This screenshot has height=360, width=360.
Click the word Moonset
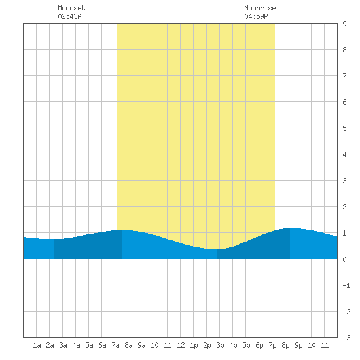tap(71, 8)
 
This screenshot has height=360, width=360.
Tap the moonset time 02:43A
tap(69, 16)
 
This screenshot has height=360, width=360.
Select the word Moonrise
tap(260, 8)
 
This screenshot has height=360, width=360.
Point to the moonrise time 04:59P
tap(256, 16)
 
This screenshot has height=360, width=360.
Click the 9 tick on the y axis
tap(344, 24)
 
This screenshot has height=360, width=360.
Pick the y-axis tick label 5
tap(344, 128)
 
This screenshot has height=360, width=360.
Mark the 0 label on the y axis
tap(344, 259)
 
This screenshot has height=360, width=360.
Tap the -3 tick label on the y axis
tap(346, 338)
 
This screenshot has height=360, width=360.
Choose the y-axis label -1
tap(346, 285)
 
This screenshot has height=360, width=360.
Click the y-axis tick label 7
tap(344, 76)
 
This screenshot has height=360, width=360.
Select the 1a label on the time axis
tap(37, 345)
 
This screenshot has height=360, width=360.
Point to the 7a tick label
tap(115, 345)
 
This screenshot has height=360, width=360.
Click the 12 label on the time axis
tap(181, 345)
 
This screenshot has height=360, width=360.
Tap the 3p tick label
tap(220, 345)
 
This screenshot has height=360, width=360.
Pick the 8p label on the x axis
tap(285, 345)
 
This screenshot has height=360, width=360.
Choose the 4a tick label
tap(76, 345)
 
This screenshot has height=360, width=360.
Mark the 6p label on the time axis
tap(259, 345)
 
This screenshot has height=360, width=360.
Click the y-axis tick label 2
tap(344, 207)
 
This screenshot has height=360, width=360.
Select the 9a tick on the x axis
tap(141, 345)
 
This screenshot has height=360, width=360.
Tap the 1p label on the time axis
tap(194, 345)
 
